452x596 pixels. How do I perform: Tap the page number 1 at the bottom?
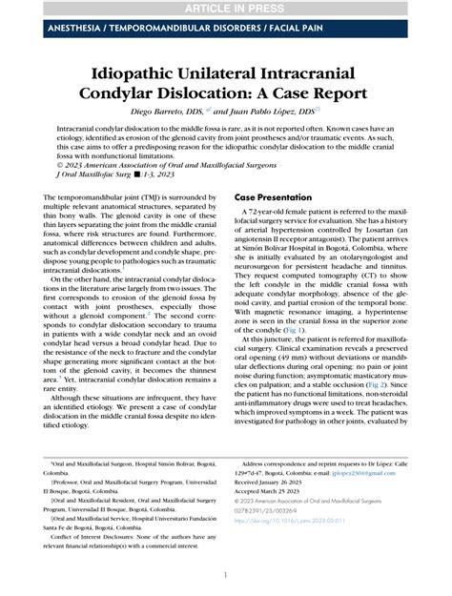click(225, 574)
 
